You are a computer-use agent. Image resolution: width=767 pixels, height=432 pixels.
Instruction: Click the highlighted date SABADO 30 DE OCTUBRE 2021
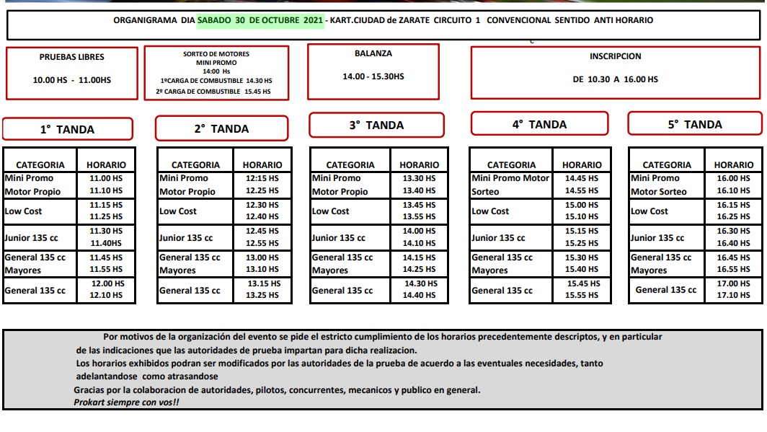tap(260, 20)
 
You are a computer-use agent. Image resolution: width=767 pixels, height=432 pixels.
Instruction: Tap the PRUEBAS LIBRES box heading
tap(71, 57)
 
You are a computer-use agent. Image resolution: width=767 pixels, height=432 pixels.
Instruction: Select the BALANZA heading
tap(373, 53)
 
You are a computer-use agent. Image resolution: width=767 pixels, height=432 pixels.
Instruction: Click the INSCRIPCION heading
tap(615, 56)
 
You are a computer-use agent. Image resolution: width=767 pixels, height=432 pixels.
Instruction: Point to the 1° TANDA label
tap(67, 130)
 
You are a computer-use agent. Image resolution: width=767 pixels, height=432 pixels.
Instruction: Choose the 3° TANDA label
tap(376, 125)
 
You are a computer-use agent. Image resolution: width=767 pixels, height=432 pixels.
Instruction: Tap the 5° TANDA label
tap(694, 125)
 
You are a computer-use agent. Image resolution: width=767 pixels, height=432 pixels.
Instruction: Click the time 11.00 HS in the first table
tap(106, 178)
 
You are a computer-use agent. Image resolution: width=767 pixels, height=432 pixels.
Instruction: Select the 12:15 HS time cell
tap(262, 178)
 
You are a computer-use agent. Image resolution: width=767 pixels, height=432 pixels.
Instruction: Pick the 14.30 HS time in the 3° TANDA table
tap(420, 284)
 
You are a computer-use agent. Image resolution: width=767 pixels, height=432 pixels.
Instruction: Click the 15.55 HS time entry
tap(582, 296)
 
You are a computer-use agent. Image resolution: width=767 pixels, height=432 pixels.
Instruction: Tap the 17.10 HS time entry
tap(734, 296)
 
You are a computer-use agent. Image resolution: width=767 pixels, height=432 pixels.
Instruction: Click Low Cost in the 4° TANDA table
tap(490, 211)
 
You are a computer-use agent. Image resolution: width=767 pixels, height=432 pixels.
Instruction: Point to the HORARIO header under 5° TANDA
tap(734, 165)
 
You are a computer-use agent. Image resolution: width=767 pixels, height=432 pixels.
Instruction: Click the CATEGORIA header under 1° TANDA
tap(40, 165)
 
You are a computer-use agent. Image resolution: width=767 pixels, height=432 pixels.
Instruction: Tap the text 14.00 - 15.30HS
tap(373, 76)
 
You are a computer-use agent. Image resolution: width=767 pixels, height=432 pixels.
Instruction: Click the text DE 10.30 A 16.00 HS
tap(615, 80)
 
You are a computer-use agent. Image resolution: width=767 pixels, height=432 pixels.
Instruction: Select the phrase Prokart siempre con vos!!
tap(126, 402)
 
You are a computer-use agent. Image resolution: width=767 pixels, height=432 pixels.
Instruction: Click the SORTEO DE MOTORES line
tap(216, 54)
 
